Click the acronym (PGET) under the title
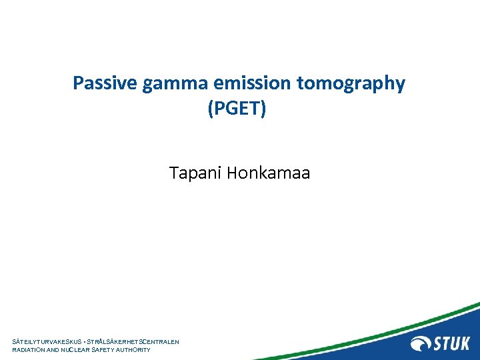(237, 108)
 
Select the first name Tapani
(195, 174)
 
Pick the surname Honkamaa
(269, 174)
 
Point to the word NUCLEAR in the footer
(83, 349)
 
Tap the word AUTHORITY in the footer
(137, 349)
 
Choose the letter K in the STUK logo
(464, 343)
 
